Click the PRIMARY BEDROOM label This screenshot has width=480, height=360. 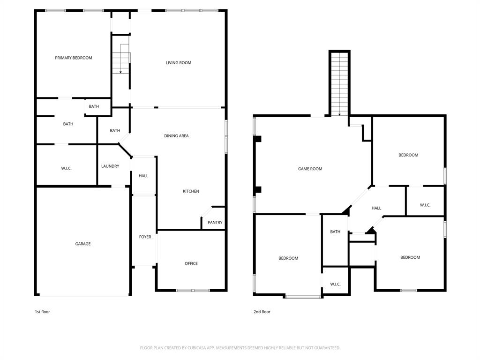point(74,58)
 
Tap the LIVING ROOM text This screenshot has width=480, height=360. point(179,62)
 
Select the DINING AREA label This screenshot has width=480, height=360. point(176,136)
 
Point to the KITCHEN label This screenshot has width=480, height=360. point(191,191)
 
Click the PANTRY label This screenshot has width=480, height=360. point(215,223)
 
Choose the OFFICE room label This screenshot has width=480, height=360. point(191,263)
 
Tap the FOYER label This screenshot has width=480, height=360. point(145,237)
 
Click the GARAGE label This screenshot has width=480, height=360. point(83,244)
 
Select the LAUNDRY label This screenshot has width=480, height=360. point(110,166)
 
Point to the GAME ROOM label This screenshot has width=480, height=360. point(310,169)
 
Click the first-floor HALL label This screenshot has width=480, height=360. point(143,176)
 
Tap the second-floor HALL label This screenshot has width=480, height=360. point(376,208)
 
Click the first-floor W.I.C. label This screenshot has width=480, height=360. point(67,168)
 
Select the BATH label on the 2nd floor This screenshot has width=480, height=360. point(335,232)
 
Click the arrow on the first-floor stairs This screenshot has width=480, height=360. point(121,71)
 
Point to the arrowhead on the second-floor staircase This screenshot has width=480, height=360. point(339,114)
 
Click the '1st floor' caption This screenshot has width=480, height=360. point(42,312)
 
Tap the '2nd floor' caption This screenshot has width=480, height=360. point(262,312)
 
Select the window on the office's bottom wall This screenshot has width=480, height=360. point(193,290)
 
